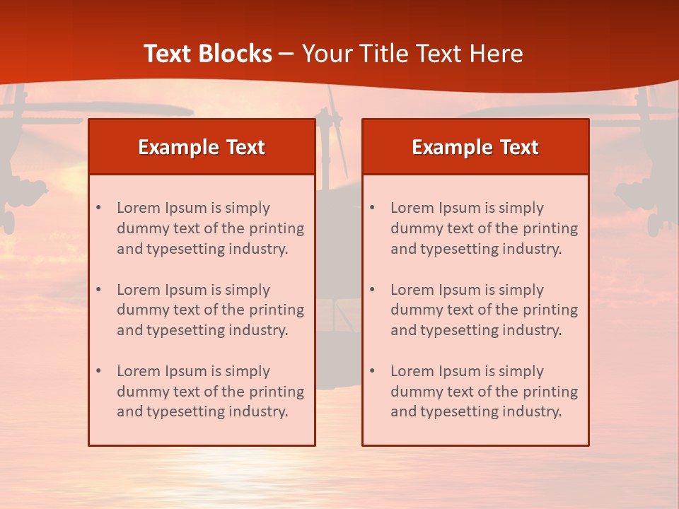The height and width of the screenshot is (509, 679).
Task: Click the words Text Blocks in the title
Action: click(x=207, y=54)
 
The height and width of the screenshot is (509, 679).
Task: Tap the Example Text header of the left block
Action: click(x=202, y=147)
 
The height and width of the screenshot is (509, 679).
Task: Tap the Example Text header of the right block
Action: click(x=475, y=147)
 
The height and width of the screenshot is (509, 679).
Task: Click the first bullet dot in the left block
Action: click(x=98, y=208)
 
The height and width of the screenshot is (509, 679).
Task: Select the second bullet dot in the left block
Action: click(x=98, y=290)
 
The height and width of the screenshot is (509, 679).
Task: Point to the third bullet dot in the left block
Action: click(x=98, y=371)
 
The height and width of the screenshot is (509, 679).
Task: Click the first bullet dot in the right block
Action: click(x=372, y=208)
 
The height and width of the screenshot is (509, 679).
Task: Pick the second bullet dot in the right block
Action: click(x=372, y=290)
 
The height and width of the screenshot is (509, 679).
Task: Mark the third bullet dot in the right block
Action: click(x=372, y=371)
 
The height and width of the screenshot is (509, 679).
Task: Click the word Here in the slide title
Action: click(x=497, y=54)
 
